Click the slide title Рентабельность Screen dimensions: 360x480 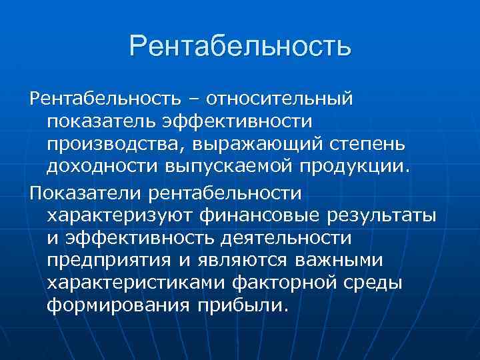pyautogui.click(x=240, y=47)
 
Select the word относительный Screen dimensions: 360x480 pyautogui.click(x=279, y=99)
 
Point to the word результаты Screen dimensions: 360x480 pyautogui.click(x=380, y=216)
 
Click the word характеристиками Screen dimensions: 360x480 pyautogui.click(x=135, y=283)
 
